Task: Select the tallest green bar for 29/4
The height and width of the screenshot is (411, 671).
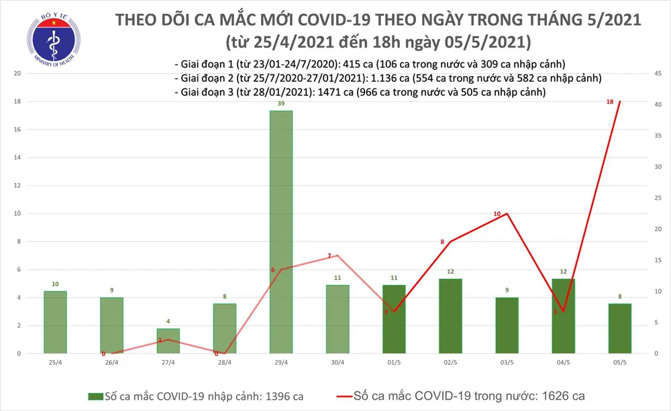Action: tap(281, 231)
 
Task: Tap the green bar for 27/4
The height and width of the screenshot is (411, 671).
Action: tap(168, 340)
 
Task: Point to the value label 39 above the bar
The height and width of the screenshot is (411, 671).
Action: tap(281, 105)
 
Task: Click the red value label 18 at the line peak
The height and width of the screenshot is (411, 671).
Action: tap(609, 102)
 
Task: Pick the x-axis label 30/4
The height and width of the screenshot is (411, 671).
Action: tap(338, 362)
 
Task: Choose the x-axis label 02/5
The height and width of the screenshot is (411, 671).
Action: tap(450, 362)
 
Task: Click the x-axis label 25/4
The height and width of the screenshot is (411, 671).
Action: tap(56, 362)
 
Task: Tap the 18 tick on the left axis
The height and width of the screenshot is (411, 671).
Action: tap(17, 101)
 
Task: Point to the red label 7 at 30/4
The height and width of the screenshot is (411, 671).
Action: tap(329, 255)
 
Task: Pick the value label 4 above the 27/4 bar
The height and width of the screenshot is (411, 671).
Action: tap(168, 320)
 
